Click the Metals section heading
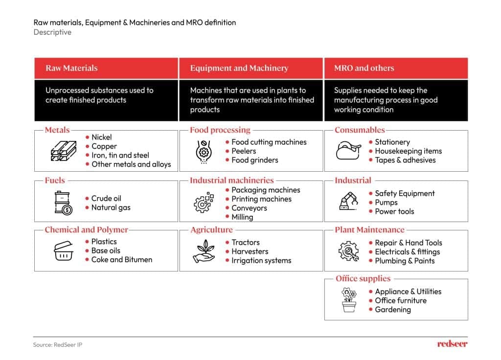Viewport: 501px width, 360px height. click(x=57, y=130)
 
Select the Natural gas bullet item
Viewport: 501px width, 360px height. click(x=111, y=207)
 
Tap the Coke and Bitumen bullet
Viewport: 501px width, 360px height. click(x=121, y=260)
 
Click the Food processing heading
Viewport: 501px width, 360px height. click(x=220, y=130)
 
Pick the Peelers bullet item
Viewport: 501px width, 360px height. click(x=244, y=151)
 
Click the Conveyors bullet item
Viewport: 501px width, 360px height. click(x=249, y=208)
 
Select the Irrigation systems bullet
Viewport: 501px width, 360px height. click(x=261, y=261)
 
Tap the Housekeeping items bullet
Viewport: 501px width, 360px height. click(x=408, y=151)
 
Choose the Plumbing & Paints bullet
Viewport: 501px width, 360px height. click(x=405, y=261)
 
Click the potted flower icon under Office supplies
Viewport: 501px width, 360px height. click(x=349, y=300)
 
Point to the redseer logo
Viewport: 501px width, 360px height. click(x=452, y=344)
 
